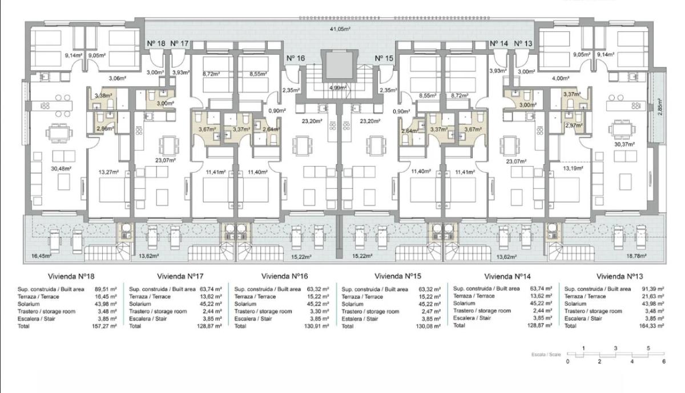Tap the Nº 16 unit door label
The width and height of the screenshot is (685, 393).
point(295,58)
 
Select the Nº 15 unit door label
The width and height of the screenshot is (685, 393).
point(384,58)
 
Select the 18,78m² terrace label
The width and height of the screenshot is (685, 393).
point(636,257)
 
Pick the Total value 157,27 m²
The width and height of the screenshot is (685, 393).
point(104,326)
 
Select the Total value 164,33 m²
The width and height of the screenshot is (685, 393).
point(651,326)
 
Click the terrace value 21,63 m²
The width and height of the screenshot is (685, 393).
point(652,297)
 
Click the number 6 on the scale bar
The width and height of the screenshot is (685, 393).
point(664,361)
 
